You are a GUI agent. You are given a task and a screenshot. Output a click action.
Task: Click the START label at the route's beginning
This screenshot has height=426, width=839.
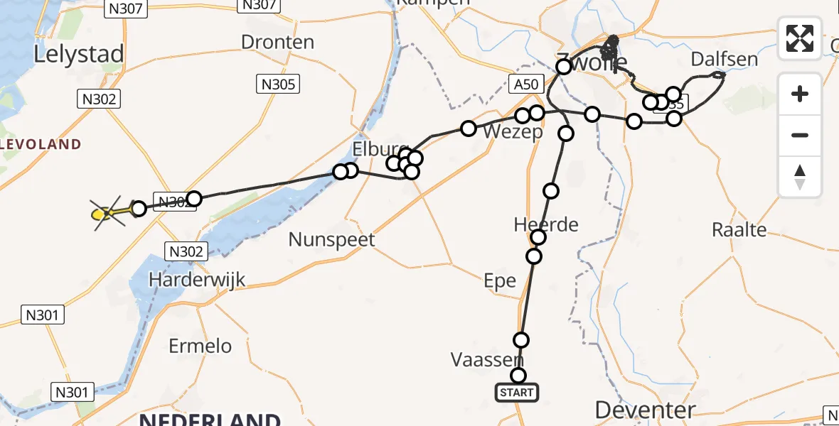[517, 392]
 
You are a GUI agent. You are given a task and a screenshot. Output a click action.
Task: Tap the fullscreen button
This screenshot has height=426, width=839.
[800, 38]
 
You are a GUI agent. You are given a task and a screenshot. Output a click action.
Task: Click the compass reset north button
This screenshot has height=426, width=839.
[800, 177]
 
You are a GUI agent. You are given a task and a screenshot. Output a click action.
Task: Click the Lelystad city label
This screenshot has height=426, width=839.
[78, 55]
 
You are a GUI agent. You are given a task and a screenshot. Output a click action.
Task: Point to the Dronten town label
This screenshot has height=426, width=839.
[277, 42]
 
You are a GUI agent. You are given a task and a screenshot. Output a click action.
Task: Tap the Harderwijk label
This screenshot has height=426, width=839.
[197, 280]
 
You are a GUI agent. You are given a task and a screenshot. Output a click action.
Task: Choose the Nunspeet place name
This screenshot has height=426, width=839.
[331, 239]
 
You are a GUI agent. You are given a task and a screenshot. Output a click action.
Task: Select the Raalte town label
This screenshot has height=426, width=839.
[739, 229]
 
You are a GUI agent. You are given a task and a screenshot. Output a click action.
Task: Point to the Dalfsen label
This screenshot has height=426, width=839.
[724, 59]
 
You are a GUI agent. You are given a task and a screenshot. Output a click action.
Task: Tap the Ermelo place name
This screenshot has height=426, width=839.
[201, 346]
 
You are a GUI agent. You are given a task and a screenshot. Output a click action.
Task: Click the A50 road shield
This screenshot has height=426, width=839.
[526, 84]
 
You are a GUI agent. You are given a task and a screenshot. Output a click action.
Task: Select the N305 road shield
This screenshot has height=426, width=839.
[277, 84]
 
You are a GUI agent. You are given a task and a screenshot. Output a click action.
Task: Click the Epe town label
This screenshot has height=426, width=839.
[499, 280]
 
